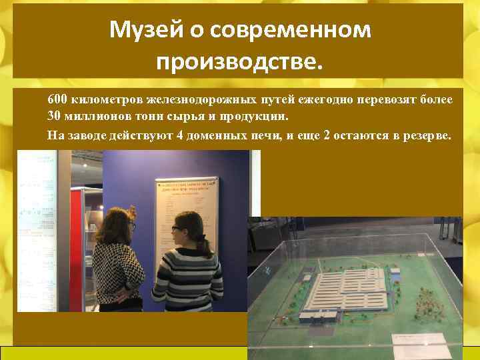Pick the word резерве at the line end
click(x=425, y=135)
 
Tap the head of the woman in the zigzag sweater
click(x=121, y=220)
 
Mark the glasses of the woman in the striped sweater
click(x=175, y=229)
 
